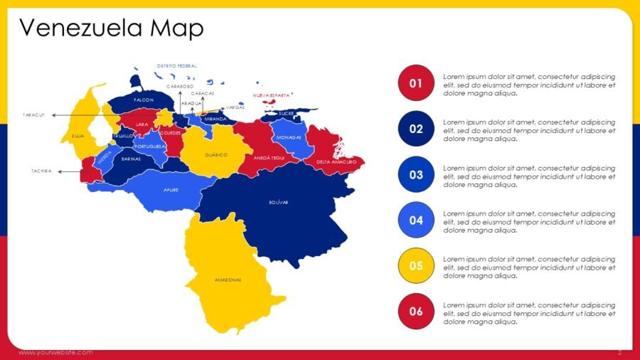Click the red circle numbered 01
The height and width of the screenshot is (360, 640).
point(416,84)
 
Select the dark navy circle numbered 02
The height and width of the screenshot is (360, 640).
point(416,129)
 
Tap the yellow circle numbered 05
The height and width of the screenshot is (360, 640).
point(416,266)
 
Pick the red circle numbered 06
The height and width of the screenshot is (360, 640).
point(416,312)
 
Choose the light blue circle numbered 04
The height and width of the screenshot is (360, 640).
point(416,221)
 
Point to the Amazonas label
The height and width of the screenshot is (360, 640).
point(228,280)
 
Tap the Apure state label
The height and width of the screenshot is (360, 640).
point(171,190)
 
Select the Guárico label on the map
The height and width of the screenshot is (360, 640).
point(215,154)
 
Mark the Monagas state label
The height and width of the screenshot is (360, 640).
point(289,137)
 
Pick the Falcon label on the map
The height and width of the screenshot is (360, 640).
point(144,100)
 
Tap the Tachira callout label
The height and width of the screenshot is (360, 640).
point(41,171)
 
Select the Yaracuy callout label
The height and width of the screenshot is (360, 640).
point(33,114)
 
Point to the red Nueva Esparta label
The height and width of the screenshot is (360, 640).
point(271,95)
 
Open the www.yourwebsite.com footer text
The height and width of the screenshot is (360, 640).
point(55,352)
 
